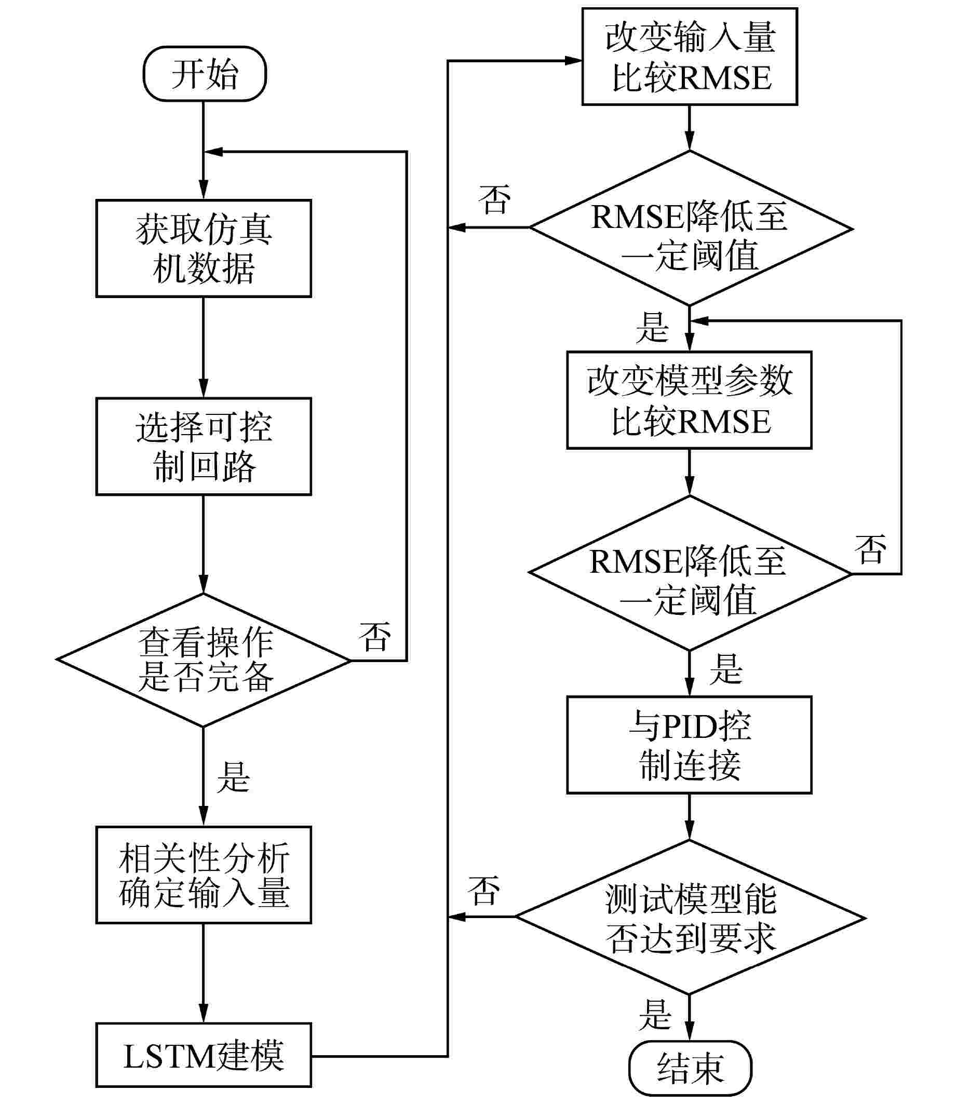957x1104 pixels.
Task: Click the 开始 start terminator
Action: click(x=205, y=74)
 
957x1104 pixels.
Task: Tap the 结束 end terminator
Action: click(x=690, y=1068)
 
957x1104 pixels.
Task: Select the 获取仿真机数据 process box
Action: click(x=204, y=248)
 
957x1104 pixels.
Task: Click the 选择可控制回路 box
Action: click(x=204, y=447)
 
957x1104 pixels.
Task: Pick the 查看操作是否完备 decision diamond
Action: click(x=204, y=660)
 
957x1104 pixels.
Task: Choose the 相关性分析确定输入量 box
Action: click(x=204, y=875)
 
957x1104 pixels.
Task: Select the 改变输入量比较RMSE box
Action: click(x=690, y=57)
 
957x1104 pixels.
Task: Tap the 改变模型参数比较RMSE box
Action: click(x=690, y=400)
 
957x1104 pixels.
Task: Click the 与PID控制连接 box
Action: click(x=690, y=745)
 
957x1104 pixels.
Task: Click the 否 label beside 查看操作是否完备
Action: click(x=375, y=637)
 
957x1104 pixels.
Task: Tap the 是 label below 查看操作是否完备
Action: click(x=233, y=777)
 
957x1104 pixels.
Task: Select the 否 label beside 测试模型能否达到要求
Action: click(x=484, y=891)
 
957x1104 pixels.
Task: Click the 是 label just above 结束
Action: click(x=655, y=1015)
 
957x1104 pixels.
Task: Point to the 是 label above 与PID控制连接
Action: click(x=726, y=669)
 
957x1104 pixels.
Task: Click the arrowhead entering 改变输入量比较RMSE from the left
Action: click(x=574, y=61)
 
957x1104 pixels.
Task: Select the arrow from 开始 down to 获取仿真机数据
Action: click(x=204, y=150)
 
